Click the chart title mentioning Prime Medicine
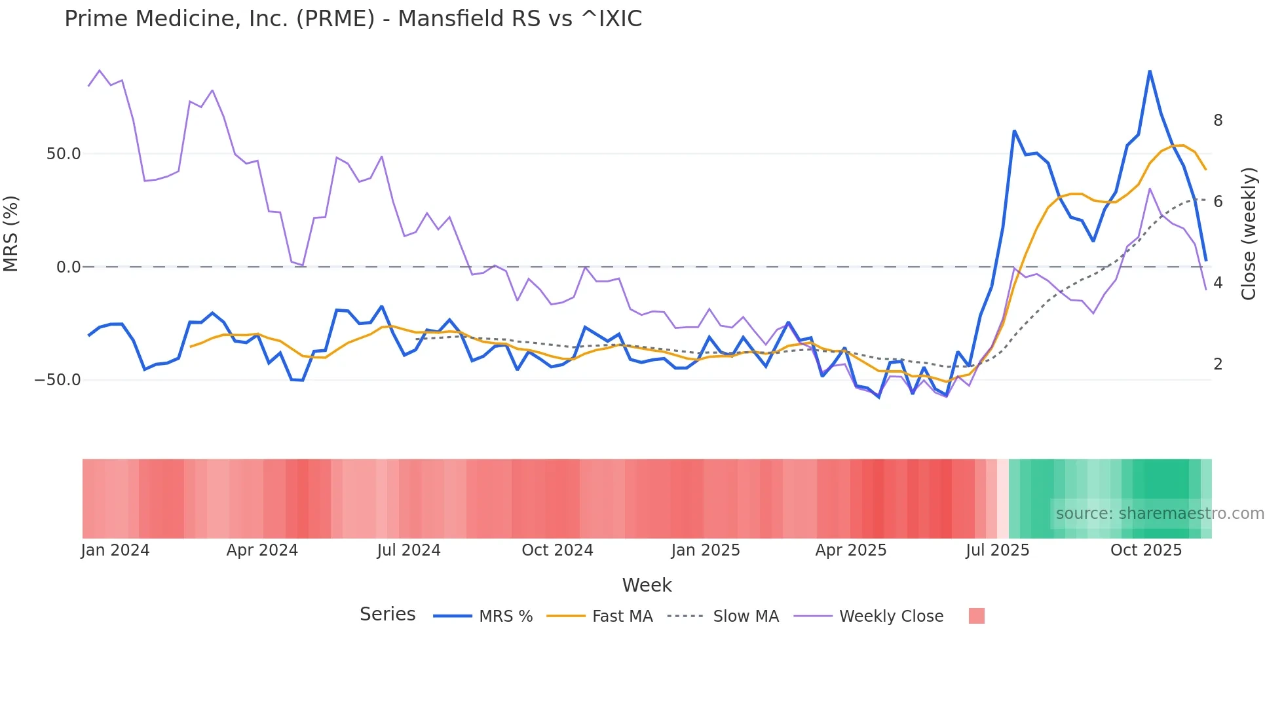pos(353,19)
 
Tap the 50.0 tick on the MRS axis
pos(64,154)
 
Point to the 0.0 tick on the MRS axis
pos(68,267)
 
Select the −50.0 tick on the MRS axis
pos(58,380)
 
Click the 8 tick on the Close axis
pos(1218,121)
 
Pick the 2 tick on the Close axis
pos(1218,364)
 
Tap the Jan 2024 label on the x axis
pos(115,550)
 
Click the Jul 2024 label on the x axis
pos(409,550)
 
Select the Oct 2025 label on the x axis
pos(1146,550)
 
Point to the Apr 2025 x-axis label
pos(850,550)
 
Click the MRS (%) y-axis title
pos(11,234)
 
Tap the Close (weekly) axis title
pos(1249,234)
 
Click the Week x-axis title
pos(647,585)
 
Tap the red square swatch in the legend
pos(976,616)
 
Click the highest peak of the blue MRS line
pos(1150,71)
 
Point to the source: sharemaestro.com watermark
pos(1160,514)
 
